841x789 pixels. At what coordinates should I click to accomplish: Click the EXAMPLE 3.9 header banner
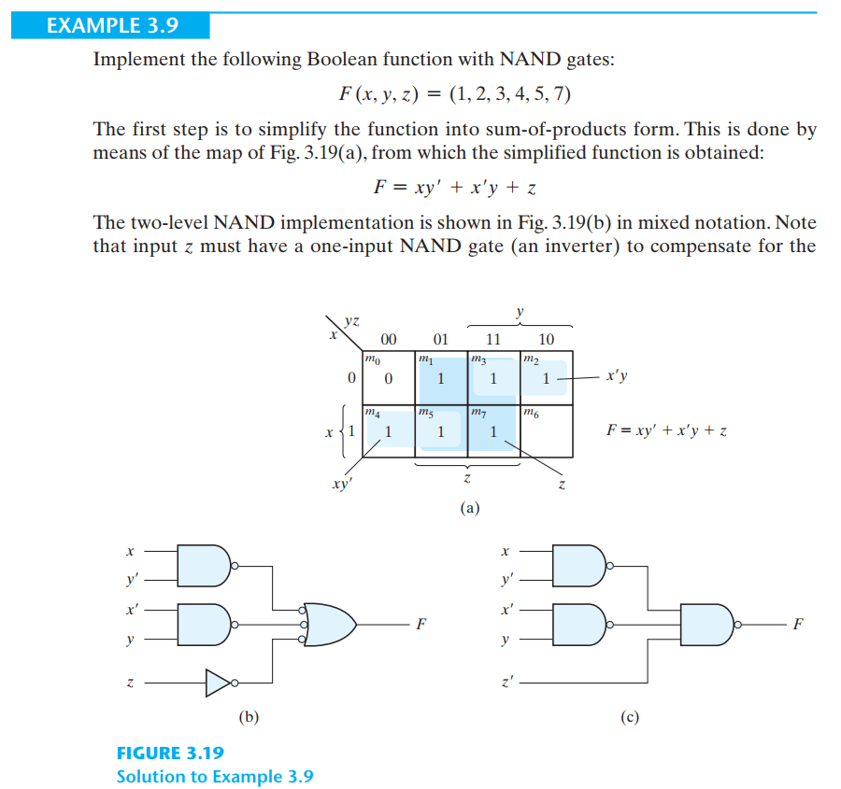tap(110, 25)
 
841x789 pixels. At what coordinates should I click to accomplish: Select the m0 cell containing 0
tap(389, 378)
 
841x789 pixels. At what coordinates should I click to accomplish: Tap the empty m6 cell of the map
tap(547, 431)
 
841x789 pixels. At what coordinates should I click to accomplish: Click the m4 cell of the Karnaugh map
tap(389, 431)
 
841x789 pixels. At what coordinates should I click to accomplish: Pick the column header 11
tap(492, 339)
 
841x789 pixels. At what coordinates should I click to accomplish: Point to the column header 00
tap(389, 339)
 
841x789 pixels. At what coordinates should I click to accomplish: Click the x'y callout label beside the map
tap(617, 375)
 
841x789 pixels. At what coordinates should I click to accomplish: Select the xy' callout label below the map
tap(342, 484)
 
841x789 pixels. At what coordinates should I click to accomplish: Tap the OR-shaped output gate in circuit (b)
tap(328, 625)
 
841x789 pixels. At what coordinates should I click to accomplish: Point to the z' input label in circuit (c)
tap(506, 683)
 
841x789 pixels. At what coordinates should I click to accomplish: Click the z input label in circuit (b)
tap(130, 683)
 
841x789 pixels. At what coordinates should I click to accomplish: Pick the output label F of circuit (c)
tap(798, 624)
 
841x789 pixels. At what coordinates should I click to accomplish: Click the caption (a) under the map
tap(470, 508)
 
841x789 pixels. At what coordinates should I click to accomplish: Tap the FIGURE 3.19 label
tap(171, 754)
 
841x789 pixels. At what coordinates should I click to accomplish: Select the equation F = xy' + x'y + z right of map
tap(666, 430)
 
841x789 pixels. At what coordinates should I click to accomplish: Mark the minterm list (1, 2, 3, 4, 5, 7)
tap(510, 93)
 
